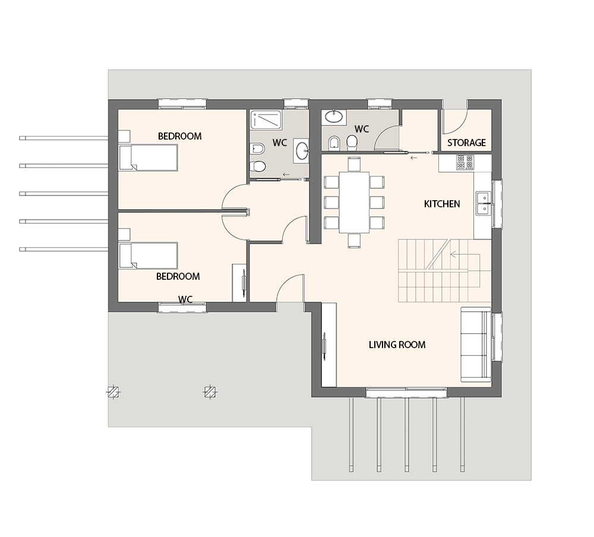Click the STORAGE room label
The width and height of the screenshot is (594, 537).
pyautogui.click(x=466, y=143)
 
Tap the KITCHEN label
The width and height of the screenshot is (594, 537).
pyautogui.click(x=442, y=204)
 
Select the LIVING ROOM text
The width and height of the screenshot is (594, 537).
pyautogui.click(x=397, y=345)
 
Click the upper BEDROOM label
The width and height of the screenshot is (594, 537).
pyautogui.click(x=179, y=136)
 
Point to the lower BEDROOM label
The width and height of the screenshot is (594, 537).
pyautogui.click(x=178, y=276)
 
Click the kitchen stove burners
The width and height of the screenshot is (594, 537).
pyautogui.click(x=465, y=162)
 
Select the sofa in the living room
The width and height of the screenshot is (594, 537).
pyautogui.click(x=476, y=345)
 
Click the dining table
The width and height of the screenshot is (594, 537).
pyautogui.click(x=354, y=203)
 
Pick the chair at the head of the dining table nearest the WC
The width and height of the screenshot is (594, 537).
pyautogui.click(x=354, y=164)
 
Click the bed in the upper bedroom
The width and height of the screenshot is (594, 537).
pyautogui.click(x=148, y=157)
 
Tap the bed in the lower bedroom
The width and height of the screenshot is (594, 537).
pyautogui.click(x=148, y=255)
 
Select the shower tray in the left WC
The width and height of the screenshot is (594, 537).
pyautogui.click(x=266, y=119)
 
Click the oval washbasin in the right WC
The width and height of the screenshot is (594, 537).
pyautogui.click(x=334, y=116)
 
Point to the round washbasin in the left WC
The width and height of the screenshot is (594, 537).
pyautogui.click(x=302, y=150)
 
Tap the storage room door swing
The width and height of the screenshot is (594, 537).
pyautogui.click(x=456, y=122)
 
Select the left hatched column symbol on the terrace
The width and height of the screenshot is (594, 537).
pyautogui.click(x=113, y=391)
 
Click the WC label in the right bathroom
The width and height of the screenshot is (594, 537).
pyautogui.click(x=361, y=129)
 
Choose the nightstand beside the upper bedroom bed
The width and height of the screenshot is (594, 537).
pyautogui.click(x=124, y=136)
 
